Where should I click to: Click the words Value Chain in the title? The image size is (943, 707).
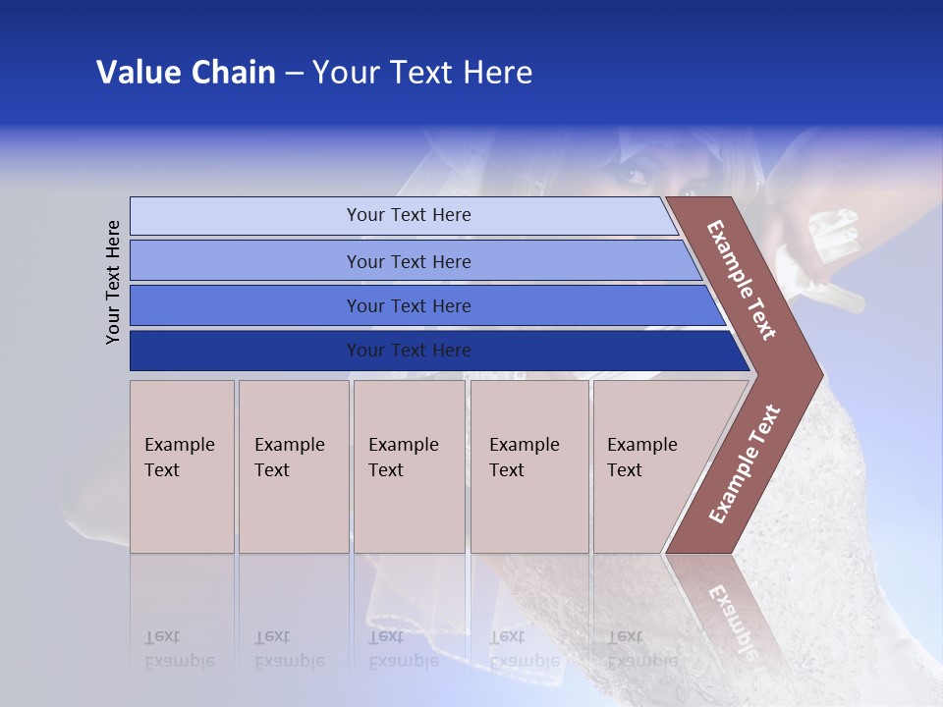(x=186, y=73)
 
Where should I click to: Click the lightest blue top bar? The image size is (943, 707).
(x=246, y=216)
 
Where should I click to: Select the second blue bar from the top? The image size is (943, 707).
(x=246, y=261)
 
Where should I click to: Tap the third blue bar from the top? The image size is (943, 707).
(x=246, y=305)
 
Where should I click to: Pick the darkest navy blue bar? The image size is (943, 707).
(x=246, y=351)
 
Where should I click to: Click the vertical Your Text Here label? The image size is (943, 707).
(x=114, y=282)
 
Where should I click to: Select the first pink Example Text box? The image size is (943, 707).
(x=182, y=466)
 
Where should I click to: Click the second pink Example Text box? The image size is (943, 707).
(x=294, y=466)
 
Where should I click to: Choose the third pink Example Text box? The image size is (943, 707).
(x=409, y=466)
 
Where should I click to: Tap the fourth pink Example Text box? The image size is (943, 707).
(x=529, y=466)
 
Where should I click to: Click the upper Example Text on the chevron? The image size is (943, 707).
(x=742, y=280)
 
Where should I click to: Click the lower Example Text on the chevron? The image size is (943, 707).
(x=745, y=464)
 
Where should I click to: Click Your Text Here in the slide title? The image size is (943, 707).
(x=422, y=73)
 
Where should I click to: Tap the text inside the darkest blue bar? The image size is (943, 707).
(x=409, y=351)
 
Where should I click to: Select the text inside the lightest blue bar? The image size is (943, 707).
(x=409, y=215)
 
